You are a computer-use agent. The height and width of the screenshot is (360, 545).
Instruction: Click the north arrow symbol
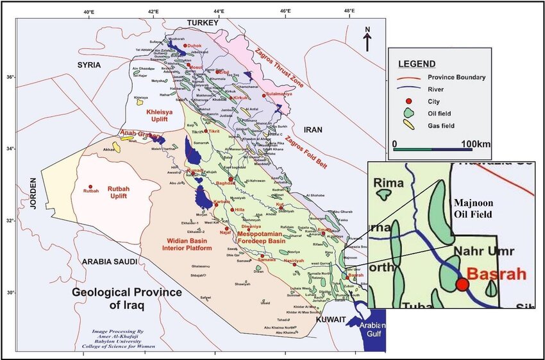(367, 39)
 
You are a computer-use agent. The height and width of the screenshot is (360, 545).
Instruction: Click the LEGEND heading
(417, 64)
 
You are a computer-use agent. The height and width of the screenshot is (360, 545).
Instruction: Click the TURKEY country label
(202, 23)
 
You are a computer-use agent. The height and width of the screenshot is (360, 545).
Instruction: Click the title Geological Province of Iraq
(126, 298)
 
